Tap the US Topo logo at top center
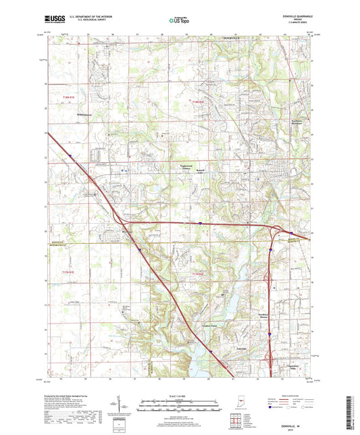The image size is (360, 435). pos(180,20)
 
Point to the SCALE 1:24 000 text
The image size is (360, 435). pos(180,396)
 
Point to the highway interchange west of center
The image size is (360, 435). pos(124,220)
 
